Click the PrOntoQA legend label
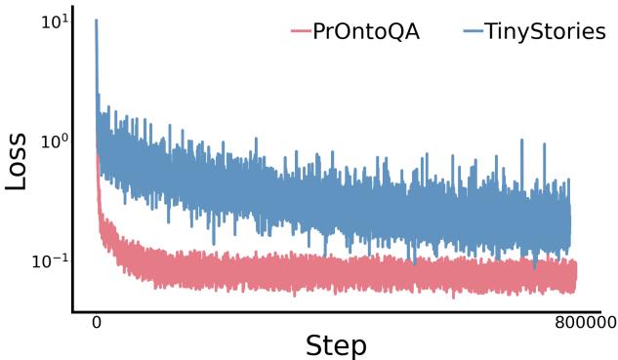[366, 31]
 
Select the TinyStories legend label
[547, 31]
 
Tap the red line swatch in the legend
[300, 32]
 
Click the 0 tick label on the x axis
[96, 323]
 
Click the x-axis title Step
[336, 344]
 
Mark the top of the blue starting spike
[96, 20]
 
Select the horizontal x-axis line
[332, 312]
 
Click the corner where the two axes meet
[73, 312]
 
